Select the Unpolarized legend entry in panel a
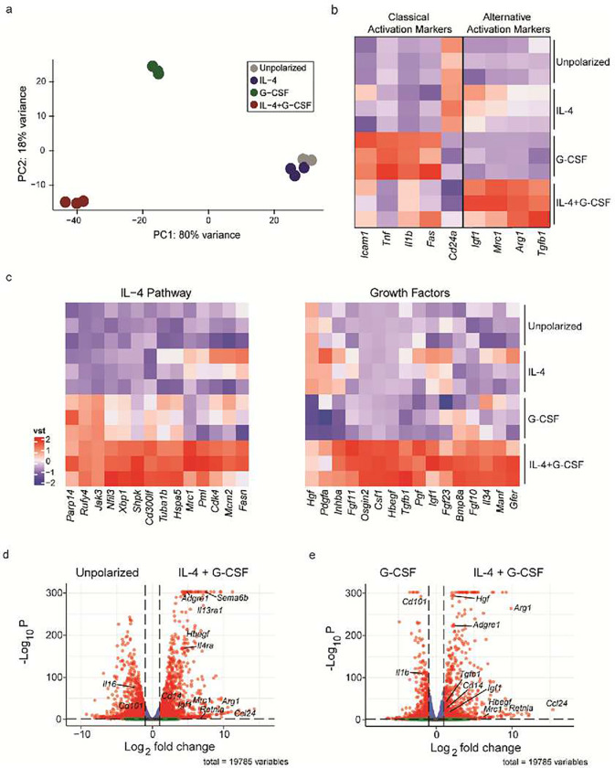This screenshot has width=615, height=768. click(285, 67)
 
